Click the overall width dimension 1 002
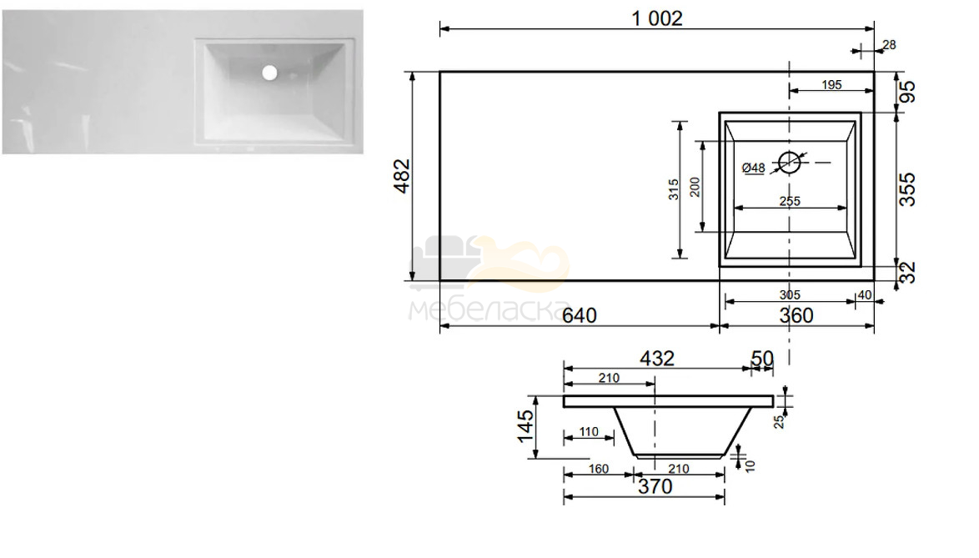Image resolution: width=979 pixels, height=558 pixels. tap(657, 18)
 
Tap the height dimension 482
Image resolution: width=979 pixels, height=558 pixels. tap(402, 176)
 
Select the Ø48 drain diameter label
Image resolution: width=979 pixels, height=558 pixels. tap(754, 168)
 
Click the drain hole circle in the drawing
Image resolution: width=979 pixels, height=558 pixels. tap(789, 163)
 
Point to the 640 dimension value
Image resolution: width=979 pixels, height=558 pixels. tap(580, 315)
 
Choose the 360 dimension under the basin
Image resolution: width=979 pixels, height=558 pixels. tap(796, 315)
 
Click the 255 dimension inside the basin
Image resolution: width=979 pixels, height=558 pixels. tap(790, 201)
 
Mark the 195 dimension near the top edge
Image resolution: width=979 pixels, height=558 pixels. tap(831, 84)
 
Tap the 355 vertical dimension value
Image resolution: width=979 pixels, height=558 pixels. tap(906, 189)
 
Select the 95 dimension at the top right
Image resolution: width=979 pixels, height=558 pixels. tap(907, 92)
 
